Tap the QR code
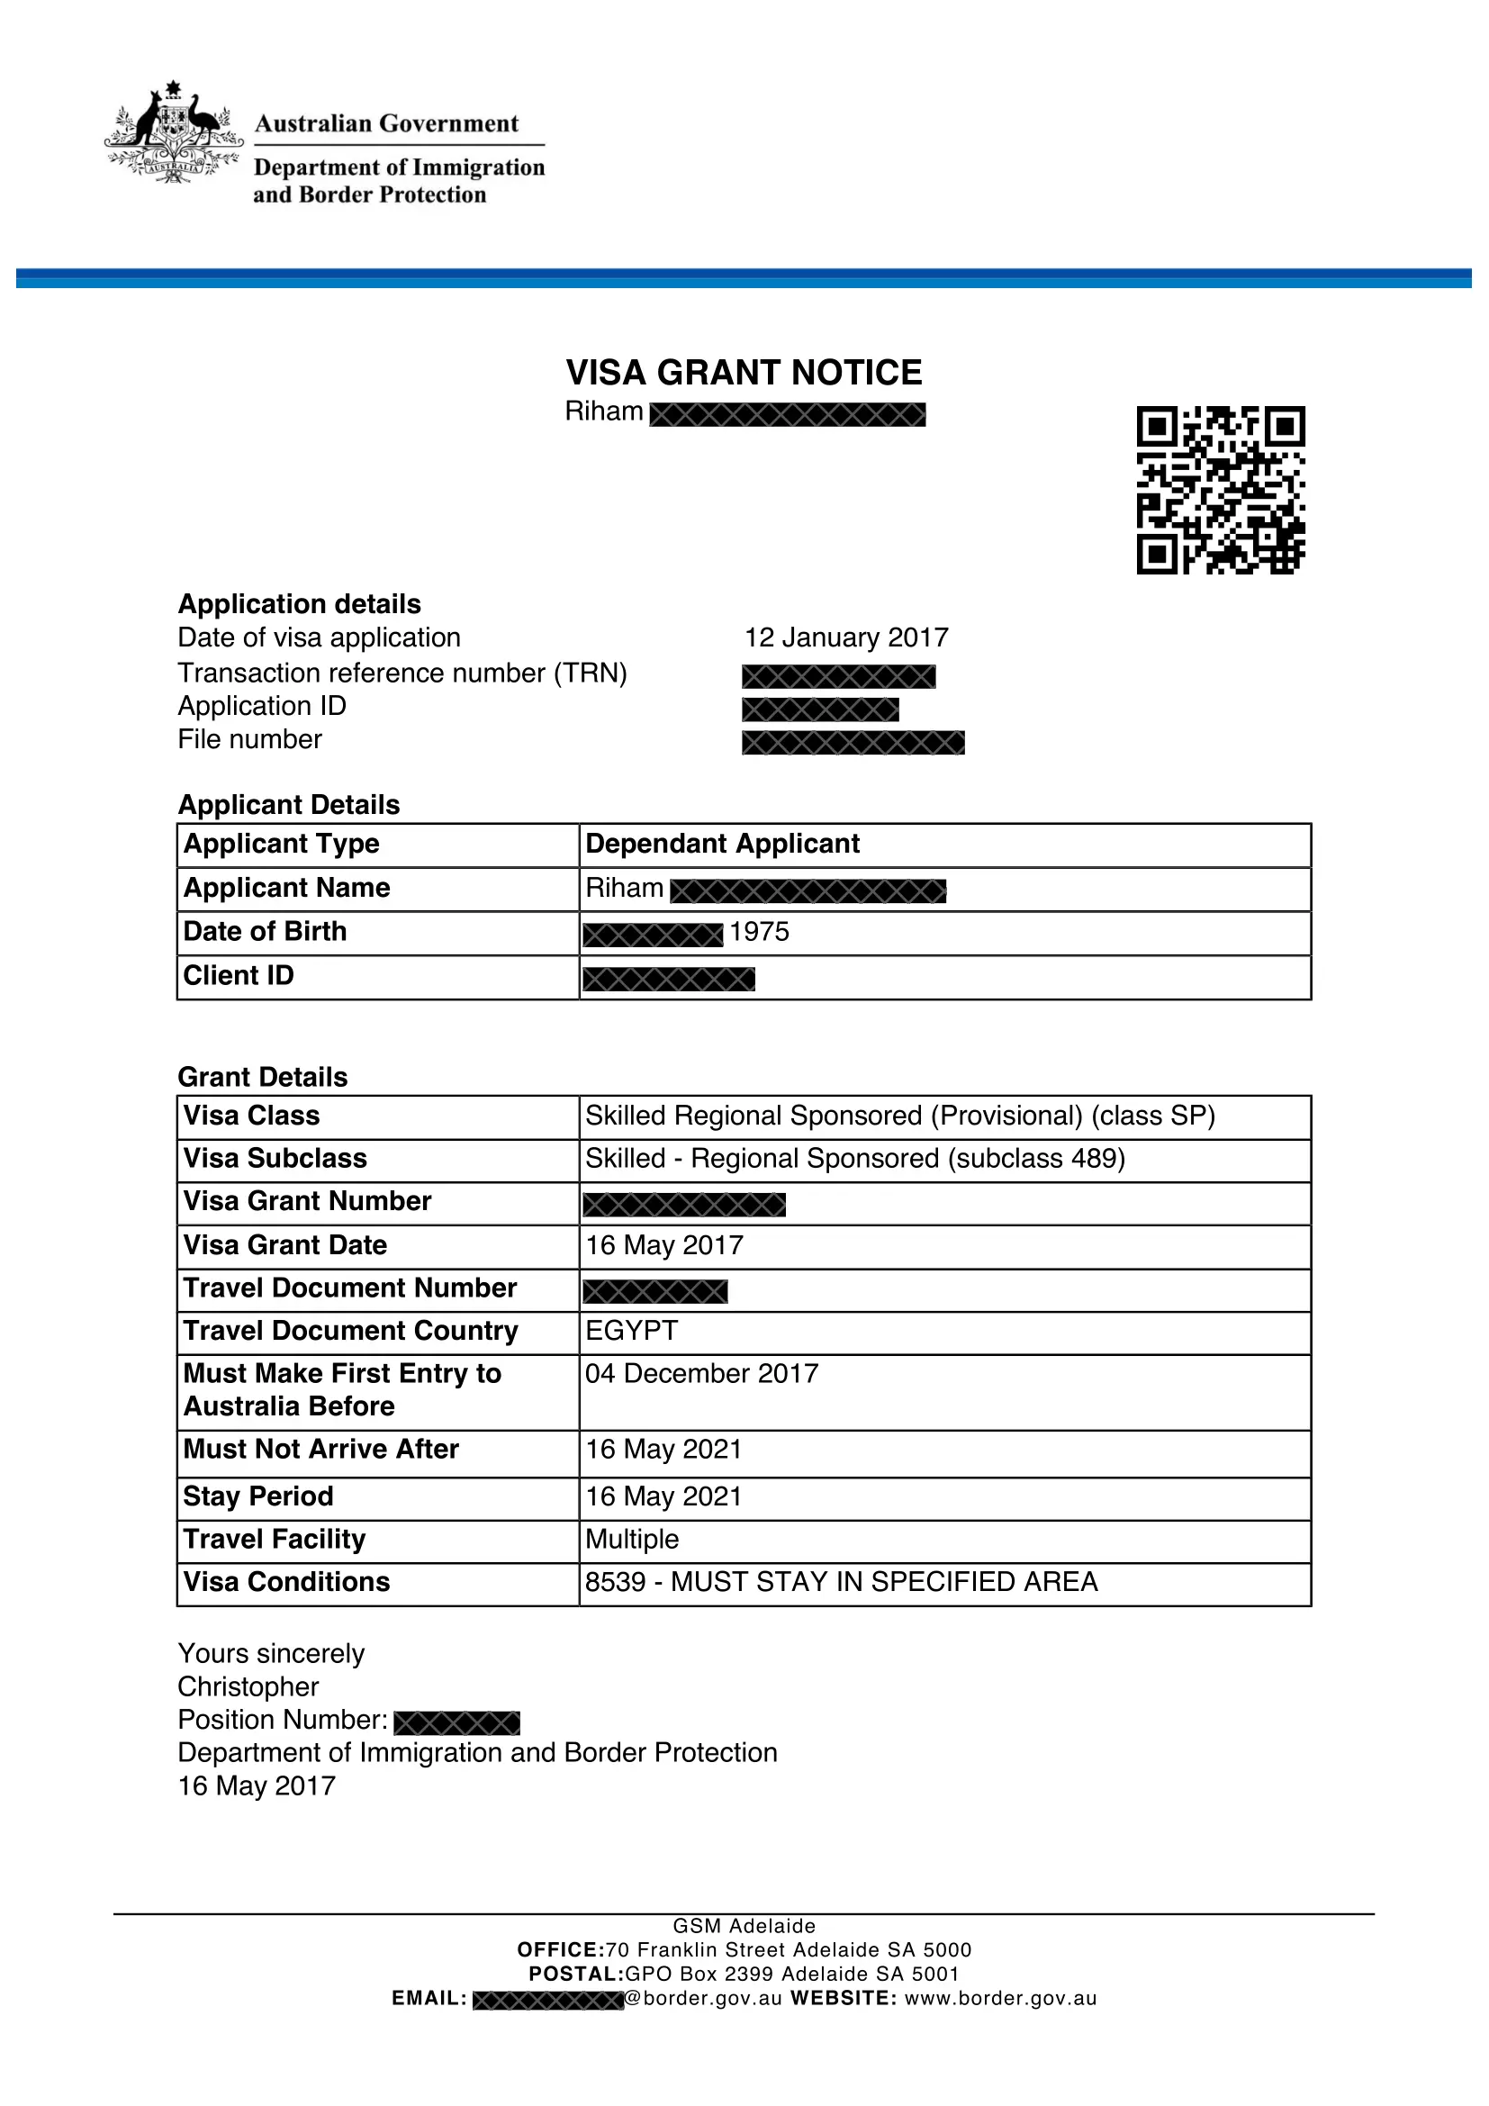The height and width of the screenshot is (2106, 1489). click(x=1221, y=490)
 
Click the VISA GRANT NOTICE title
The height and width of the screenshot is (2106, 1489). click(x=744, y=373)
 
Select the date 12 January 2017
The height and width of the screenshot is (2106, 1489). click(x=845, y=637)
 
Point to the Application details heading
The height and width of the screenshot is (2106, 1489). click(x=299, y=603)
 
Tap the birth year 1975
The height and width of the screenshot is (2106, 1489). click(x=759, y=932)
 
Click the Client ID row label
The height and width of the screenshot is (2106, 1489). click(x=239, y=976)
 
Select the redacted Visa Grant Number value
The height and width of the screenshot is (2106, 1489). click(x=684, y=1204)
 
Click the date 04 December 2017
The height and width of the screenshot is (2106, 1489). click(x=701, y=1373)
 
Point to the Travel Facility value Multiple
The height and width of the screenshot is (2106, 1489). click(x=632, y=1539)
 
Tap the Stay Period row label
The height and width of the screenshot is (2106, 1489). click(x=258, y=1496)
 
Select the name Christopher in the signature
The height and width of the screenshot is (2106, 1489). click(x=248, y=1686)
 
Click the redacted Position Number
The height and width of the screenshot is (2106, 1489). click(x=456, y=1722)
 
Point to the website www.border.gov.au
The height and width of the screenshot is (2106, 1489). click(x=1000, y=1998)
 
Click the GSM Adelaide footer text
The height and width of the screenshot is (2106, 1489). click(x=744, y=1925)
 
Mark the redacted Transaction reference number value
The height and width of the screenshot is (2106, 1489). click(x=838, y=677)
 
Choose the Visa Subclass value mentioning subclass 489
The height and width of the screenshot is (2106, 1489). click(x=854, y=1159)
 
